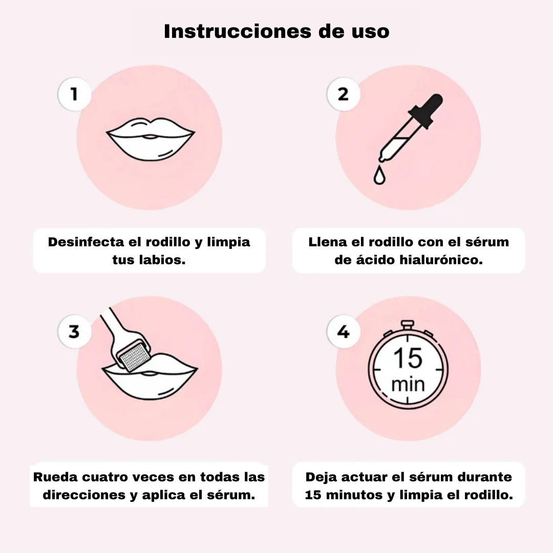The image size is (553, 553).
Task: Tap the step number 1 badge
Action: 74,94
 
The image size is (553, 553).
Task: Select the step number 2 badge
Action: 344,94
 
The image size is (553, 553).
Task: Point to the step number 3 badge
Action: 74,331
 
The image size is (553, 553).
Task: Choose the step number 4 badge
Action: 344,331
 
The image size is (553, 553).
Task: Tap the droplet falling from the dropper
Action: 379,175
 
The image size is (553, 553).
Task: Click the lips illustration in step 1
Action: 150,139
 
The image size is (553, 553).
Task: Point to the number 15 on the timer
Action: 408,358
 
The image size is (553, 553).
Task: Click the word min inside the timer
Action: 408,384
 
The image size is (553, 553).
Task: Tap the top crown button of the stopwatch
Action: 408,325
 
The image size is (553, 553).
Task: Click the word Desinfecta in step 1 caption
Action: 86,242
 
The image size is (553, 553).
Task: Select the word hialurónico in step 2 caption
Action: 441,260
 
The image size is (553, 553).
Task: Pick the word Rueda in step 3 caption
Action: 55,477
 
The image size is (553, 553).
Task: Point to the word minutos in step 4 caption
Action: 354,495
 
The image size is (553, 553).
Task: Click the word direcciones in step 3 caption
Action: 84,495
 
